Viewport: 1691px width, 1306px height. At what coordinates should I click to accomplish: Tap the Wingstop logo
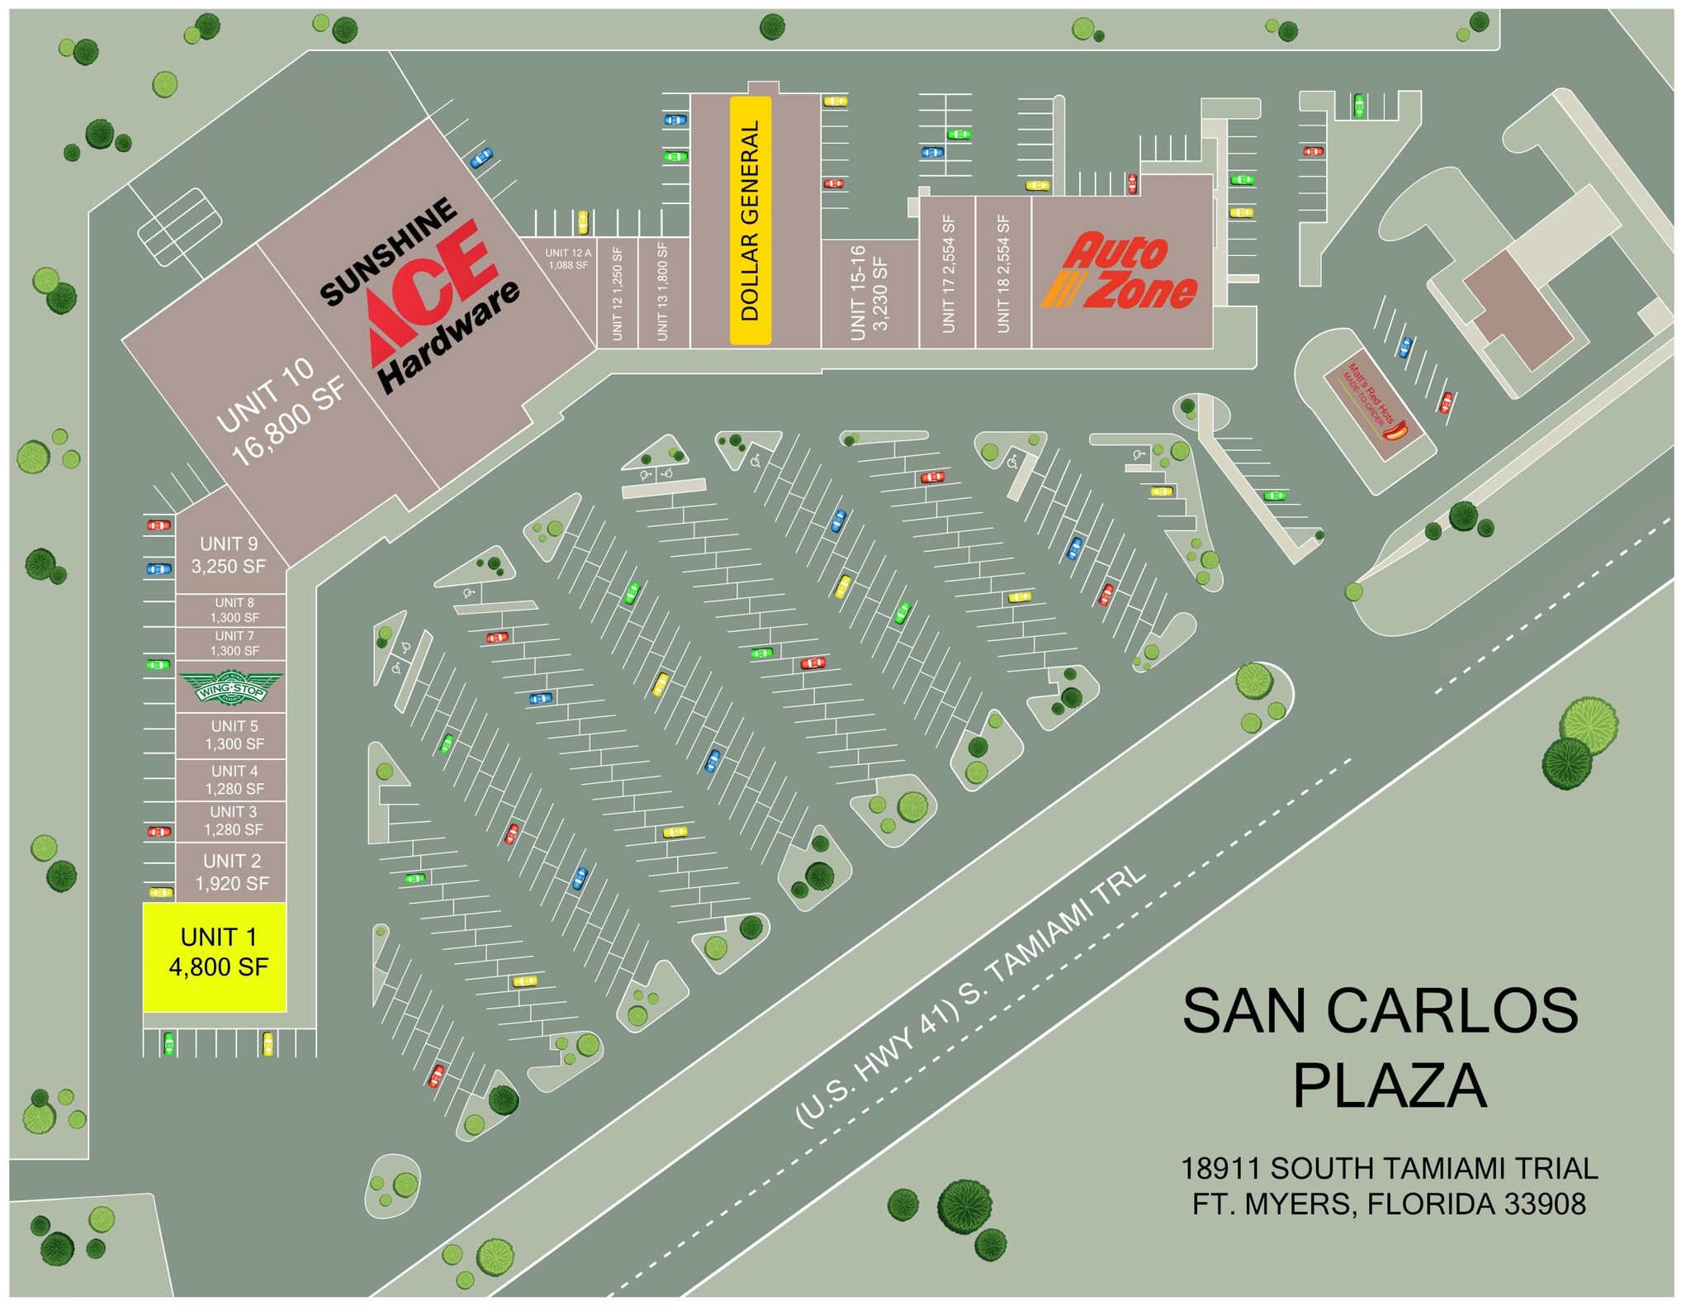(231, 687)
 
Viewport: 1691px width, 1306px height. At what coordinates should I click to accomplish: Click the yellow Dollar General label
(750, 220)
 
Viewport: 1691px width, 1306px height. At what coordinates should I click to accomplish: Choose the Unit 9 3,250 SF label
(229, 555)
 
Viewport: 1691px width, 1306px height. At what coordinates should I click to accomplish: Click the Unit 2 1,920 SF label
(231, 872)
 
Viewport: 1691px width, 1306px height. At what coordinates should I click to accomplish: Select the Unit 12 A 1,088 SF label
(568, 259)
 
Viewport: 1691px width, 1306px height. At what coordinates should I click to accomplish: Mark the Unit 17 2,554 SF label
(948, 274)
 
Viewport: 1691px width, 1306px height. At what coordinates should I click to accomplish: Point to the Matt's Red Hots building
(1373, 404)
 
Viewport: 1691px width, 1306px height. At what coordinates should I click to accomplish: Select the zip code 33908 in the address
(1544, 1204)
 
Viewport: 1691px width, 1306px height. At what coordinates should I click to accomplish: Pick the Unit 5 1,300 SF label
(234, 735)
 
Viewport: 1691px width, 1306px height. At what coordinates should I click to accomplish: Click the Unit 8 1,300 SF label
(234, 610)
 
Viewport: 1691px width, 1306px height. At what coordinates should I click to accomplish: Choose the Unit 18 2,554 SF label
(1003, 274)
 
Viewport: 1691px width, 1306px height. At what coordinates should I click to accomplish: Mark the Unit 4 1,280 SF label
(234, 780)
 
